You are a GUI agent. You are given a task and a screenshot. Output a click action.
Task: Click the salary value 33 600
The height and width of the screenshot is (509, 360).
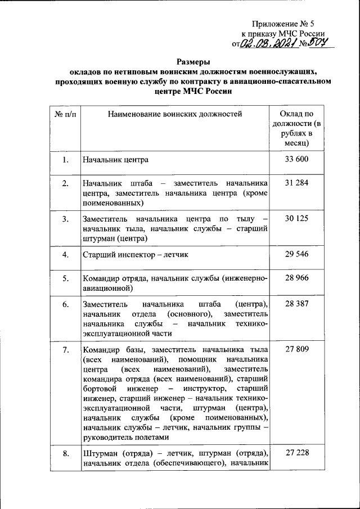coord(296,160)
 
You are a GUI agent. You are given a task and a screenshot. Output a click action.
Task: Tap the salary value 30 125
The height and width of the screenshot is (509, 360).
coord(296,218)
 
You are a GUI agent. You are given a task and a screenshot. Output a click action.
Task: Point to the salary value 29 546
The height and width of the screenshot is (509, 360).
coord(296,254)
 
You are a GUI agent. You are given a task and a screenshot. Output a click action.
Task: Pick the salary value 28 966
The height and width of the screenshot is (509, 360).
coord(296,278)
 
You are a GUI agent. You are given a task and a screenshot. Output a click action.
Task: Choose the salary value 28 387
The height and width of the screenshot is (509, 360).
coord(296,303)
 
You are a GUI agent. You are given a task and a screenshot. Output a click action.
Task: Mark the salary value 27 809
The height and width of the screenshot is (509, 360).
coord(296,350)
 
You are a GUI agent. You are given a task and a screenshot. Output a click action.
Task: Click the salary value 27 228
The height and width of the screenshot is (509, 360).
coord(296,453)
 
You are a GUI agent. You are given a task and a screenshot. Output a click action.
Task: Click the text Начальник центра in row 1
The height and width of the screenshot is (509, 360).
coord(115,160)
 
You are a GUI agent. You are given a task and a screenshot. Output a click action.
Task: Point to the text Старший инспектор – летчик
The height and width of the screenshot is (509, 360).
coord(135,255)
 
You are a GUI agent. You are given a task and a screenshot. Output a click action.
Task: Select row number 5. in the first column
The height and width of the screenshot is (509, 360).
coord(66,278)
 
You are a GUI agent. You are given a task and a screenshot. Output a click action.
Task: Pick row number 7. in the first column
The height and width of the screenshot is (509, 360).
coord(66,350)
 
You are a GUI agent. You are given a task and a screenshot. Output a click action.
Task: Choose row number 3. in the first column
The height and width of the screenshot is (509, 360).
coord(66,219)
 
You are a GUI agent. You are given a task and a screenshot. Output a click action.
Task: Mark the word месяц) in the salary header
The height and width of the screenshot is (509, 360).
coord(296,143)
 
